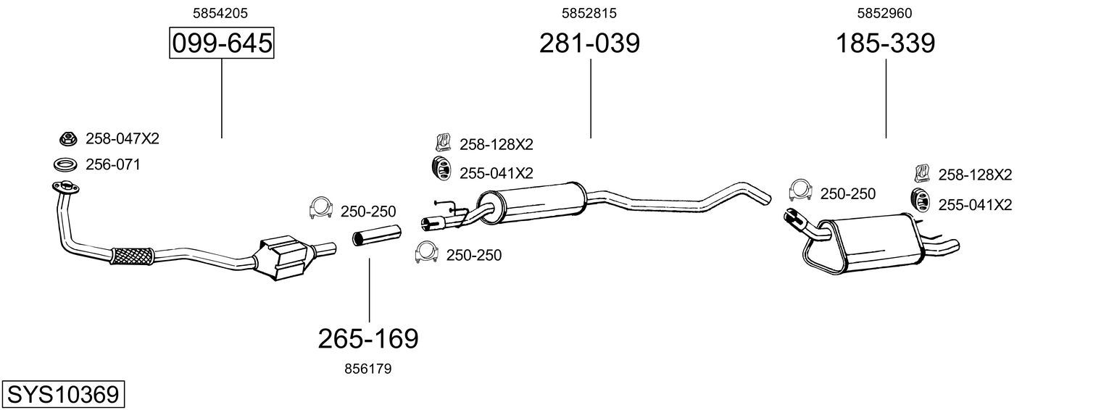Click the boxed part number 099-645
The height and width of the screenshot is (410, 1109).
pyautogui.click(x=221, y=43)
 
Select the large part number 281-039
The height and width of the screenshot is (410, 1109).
pyautogui.click(x=589, y=43)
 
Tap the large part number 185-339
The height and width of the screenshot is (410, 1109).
pyautogui.click(x=885, y=43)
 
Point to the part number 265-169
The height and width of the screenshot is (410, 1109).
pyautogui.click(x=368, y=339)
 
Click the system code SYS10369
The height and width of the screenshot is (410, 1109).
pyautogui.click(x=63, y=395)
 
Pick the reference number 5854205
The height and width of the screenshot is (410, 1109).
pyautogui.click(x=220, y=13)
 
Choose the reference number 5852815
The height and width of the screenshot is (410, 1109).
pyautogui.click(x=589, y=13)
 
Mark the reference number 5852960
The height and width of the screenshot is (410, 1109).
pyautogui.click(x=884, y=13)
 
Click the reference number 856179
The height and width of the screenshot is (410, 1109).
pyautogui.click(x=367, y=369)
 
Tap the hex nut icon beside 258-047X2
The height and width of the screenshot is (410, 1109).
pyautogui.click(x=67, y=139)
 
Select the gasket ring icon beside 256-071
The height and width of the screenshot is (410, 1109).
pyautogui.click(x=65, y=164)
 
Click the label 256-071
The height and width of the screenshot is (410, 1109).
pyautogui.click(x=113, y=164)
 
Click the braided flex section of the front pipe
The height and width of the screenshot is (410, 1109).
pyautogui.click(x=132, y=256)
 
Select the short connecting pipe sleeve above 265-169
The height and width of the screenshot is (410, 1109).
pyautogui.click(x=376, y=236)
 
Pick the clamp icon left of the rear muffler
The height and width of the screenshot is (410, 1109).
pyautogui.click(x=800, y=190)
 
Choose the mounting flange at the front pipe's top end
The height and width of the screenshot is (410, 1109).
pyautogui.click(x=66, y=188)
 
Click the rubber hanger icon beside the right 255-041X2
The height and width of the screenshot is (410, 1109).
pyautogui.click(x=919, y=204)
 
